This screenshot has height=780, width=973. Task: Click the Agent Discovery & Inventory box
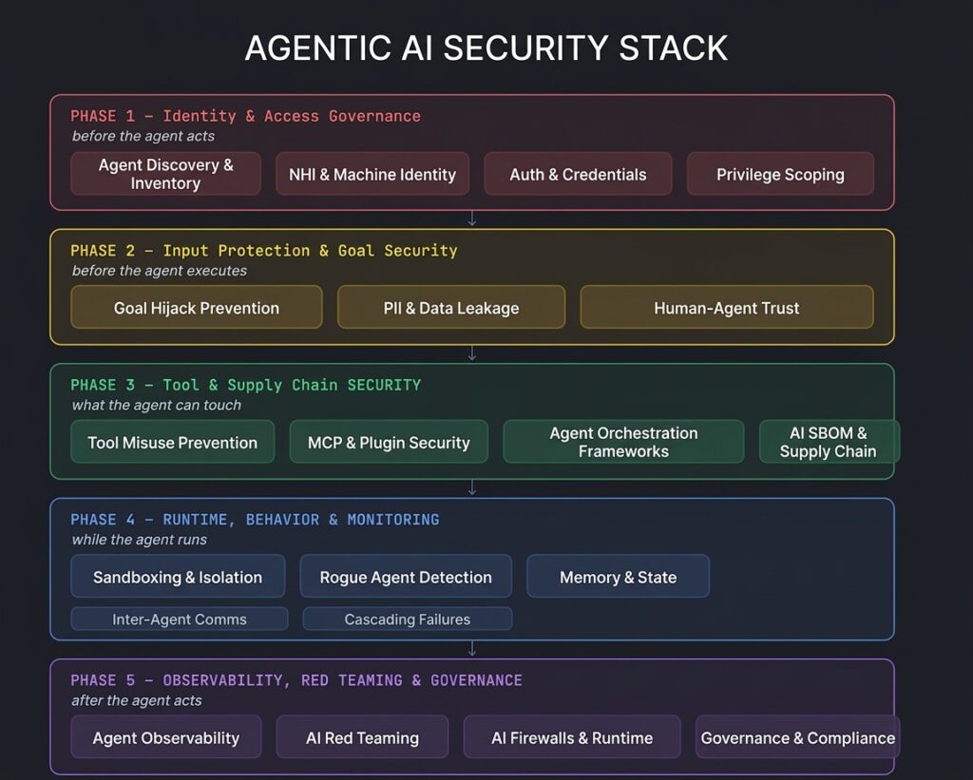click(165, 174)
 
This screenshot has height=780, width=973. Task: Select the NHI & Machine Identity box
click(372, 174)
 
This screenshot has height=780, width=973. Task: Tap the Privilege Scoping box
click(780, 174)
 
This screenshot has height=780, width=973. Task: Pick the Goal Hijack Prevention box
click(196, 307)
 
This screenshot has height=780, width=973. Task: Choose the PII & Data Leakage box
click(451, 307)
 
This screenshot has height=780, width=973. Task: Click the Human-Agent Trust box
click(727, 307)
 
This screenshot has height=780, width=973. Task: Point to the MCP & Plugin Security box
click(389, 442)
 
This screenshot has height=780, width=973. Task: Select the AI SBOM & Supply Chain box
click(829, 442)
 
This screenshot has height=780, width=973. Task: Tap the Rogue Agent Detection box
click(406, 577)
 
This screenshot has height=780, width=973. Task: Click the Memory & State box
click(618, 577)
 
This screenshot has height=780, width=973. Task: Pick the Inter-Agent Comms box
click(180, 618)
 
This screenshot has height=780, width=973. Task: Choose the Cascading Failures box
click(407, 618)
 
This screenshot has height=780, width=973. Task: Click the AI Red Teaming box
click(362, 737)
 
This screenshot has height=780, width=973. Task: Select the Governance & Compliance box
click(797, 737)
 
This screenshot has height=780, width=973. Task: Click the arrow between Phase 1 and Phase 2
click(472, 219)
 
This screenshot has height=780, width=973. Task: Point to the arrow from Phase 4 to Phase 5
click(472, 649)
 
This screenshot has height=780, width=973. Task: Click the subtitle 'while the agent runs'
click(139, 540)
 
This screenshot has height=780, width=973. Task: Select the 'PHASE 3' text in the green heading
click(103, 385)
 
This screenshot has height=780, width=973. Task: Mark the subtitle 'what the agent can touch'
click(157, 405)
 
